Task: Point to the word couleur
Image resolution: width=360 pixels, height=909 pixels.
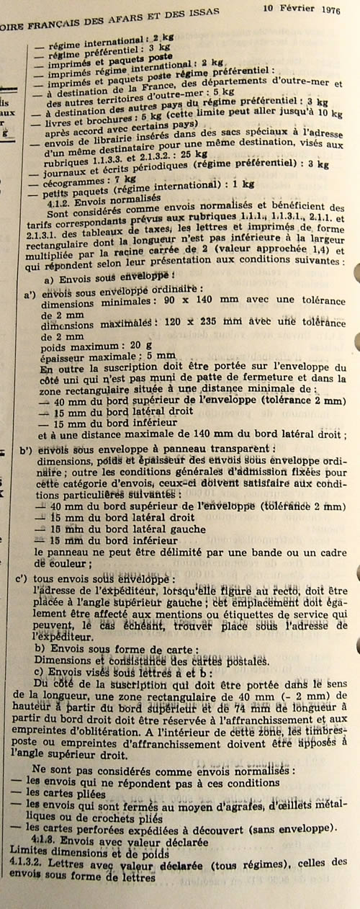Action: [71, 564]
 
